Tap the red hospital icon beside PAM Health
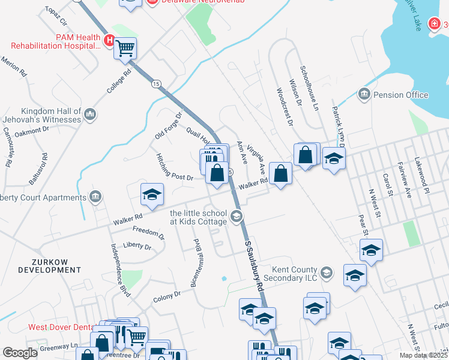coord(109,41)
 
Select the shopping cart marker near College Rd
coord(125,48)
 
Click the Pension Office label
coord(400,95)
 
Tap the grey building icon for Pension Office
coord(364,94)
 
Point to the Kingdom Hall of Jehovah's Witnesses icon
coord(90,114)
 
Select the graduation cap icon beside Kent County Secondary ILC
coord(327,274)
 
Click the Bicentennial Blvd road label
coord(196,262)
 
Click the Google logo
coord(20,353)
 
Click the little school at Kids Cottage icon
coord(237,216)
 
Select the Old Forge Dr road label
coord(168,126)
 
